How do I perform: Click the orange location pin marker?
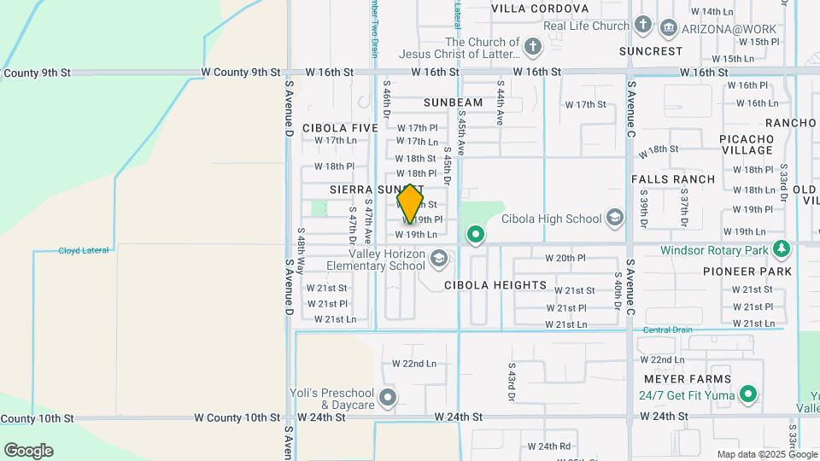(410, 204)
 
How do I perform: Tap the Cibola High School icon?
(614, 219)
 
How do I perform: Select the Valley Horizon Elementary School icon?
(438, 258)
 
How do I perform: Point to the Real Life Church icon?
(643, 26)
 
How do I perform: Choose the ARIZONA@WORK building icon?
(669, 29)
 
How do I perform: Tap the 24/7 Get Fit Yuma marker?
(748, 394)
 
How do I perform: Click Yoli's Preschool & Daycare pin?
(388, 397)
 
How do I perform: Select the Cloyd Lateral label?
(83, 250)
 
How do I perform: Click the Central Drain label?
(667, 330)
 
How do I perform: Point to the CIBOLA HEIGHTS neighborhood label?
(495, 285)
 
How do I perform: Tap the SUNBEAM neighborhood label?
(453, 102)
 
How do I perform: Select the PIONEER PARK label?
(747, 271)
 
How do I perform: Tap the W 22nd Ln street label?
(413, 364)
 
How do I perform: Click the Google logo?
(27, 451)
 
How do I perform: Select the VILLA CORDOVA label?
(540, 9)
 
